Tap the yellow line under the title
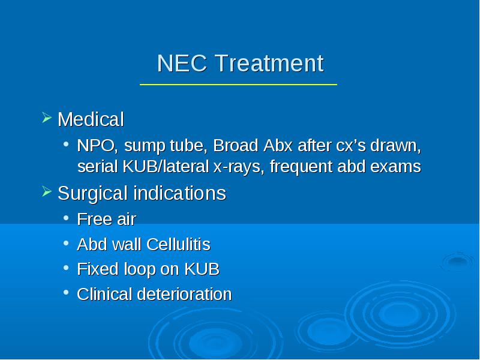pos(238,84)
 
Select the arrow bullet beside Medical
pos(47,118)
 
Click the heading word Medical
pos(91,119)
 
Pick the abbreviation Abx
pos(278,145)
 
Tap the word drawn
pos(395,145)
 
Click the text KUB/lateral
pos(166,167)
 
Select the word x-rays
pos(239,167)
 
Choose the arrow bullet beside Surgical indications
pos(47,191)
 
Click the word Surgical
pos(92,194)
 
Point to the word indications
pos(180,193)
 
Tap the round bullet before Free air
pos(66,218)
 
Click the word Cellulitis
pos(178,244)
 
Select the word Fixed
pos(98,269)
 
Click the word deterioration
pos(184,294)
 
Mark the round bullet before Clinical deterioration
pos(66,292)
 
